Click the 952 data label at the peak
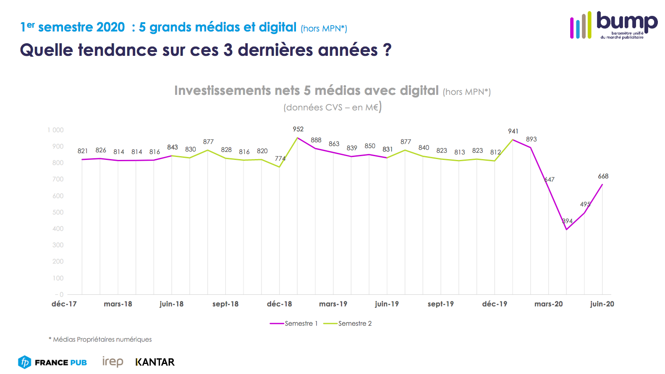pos(298,129)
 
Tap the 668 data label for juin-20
pos(603,176)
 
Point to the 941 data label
pos(513,131)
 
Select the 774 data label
pos(280,159)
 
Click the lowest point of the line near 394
pos(566,229)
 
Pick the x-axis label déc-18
pos(279,304)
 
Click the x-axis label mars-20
pos(548,304)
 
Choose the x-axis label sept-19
pos(440,304)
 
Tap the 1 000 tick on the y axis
pos(55,130)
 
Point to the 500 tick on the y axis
pos(58,212)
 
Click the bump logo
pos(614,25)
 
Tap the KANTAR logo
pos(155,362)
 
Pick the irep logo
pos(113,361)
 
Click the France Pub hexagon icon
pos(25,362)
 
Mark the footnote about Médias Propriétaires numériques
pos(100,340)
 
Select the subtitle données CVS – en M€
pos(332,107)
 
